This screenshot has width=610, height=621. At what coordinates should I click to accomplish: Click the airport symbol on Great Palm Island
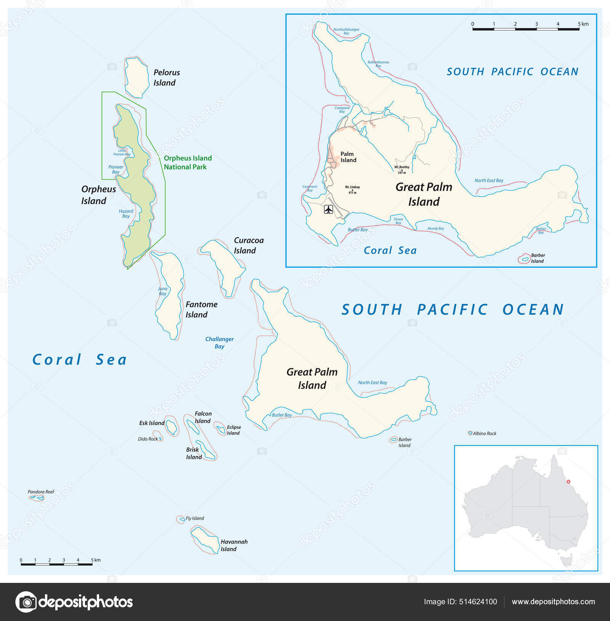[x=328, y=209]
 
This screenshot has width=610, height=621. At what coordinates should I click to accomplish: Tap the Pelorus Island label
[x=166, y=78]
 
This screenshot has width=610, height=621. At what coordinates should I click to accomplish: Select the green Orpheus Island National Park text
[x=188, y=162]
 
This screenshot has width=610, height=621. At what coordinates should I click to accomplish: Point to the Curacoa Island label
[x=248, y=246]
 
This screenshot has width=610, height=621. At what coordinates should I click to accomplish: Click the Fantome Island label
[x=201, y=310]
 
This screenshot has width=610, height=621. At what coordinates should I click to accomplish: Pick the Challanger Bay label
[x=219, y=342]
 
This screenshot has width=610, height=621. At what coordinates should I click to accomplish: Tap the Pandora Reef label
[x=41, y=492]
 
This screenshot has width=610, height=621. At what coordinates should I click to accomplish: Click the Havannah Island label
[x=234, y=545]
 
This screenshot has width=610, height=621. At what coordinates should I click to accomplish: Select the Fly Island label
[x=194, y=518]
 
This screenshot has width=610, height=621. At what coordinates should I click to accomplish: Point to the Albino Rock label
[x=484, y=433]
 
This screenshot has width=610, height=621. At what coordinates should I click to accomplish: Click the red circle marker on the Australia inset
[x=568, y=481]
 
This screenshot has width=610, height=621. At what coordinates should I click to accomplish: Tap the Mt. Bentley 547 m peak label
[x=402, y=170]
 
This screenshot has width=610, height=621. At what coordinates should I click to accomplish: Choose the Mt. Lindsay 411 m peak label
[x=352, y=189]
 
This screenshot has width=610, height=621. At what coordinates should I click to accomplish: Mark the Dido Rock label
[x=148, y=439]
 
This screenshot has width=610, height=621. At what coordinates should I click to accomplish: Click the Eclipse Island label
[x=233, y=430]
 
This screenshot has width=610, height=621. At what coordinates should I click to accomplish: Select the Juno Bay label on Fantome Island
[x=163, y=291]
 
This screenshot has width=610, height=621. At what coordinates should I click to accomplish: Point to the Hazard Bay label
[x=126, y=213]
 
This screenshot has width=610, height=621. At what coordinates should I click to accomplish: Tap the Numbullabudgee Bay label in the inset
[x=346, y=31]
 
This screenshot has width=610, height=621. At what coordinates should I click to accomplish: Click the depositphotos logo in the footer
[x=74, y=602]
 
